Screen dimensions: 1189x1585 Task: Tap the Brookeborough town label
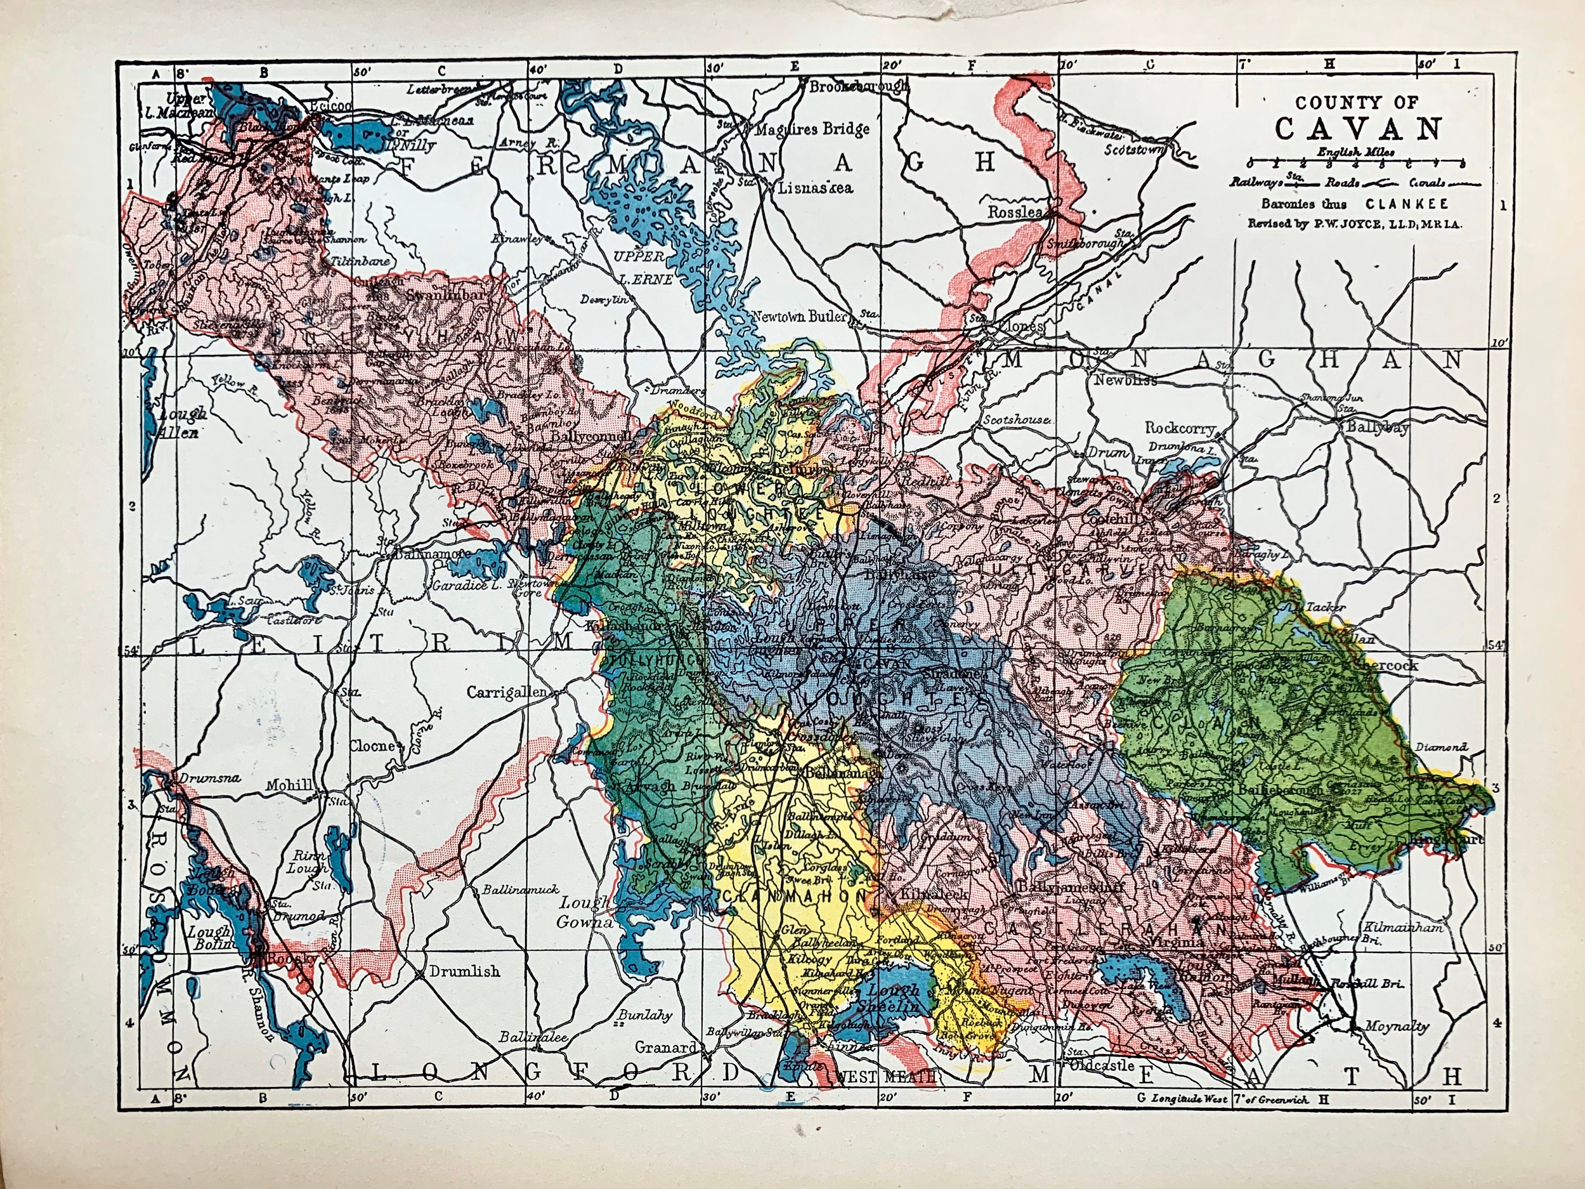pos(859,87)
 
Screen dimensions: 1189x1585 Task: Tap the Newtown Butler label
pos(798,316)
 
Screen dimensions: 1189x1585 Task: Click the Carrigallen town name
pos(507,692)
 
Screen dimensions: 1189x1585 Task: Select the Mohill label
pos(290,785)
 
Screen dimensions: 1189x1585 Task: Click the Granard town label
pos(665,1048)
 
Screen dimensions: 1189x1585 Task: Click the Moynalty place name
pos(1396,1026)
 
